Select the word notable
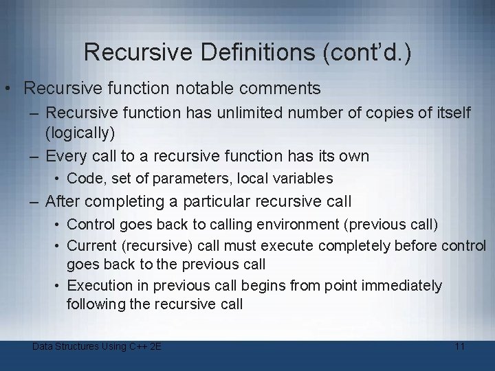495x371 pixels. point(197,89)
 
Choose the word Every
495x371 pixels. point(67,156)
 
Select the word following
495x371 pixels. point(96,304)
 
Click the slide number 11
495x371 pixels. point(459,346)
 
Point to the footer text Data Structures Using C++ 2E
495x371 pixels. point(97,346)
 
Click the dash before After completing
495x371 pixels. point(34,202)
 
